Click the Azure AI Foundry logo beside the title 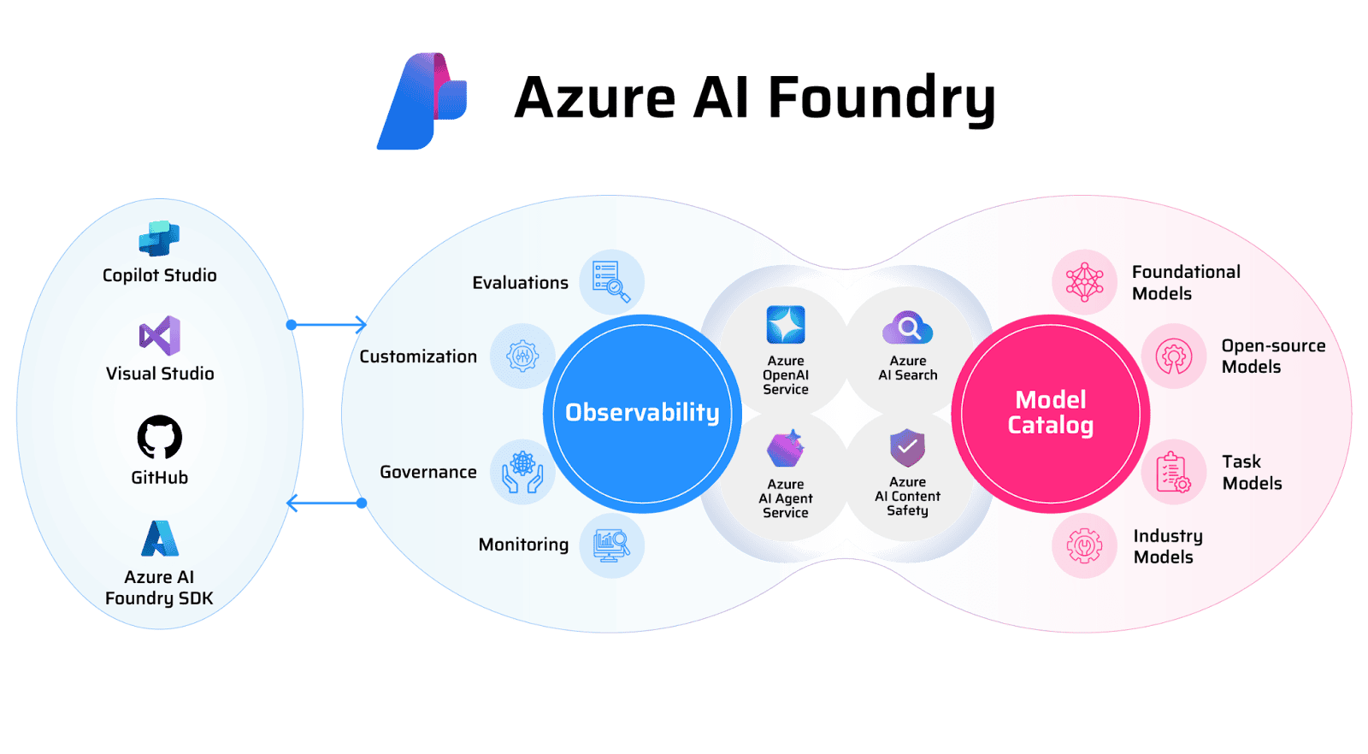(x=423, y=101)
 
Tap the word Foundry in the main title (x=881, y=99)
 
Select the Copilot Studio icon (x=159, y=239)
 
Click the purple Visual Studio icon (x=160, y=336)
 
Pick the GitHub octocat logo (x=160, y=438)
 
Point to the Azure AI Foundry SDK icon (x=160, y=539)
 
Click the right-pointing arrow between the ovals (x=329, y=325)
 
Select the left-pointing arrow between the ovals (x=325, y=503)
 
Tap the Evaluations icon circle (x=611, y=281)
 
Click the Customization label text (x=418, y=356)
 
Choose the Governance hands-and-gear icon (x=522, y=472)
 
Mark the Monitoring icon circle (x=611, y=545)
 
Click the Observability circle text (x=642, y=413)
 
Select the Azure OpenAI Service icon (x=786, y=325)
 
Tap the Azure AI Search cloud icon (x=907, y=327)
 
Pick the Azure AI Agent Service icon (x=786, y=449)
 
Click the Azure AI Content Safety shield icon (x=907, y=447)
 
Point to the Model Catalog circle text (x=1050, y=413)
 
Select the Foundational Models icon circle (x=1084, y=281)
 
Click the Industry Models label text (x=1167, y=546)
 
